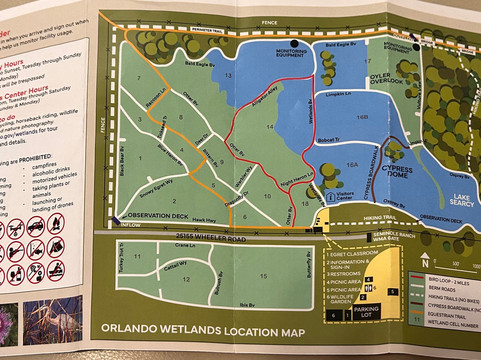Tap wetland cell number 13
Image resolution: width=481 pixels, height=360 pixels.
tap(229, 76)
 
